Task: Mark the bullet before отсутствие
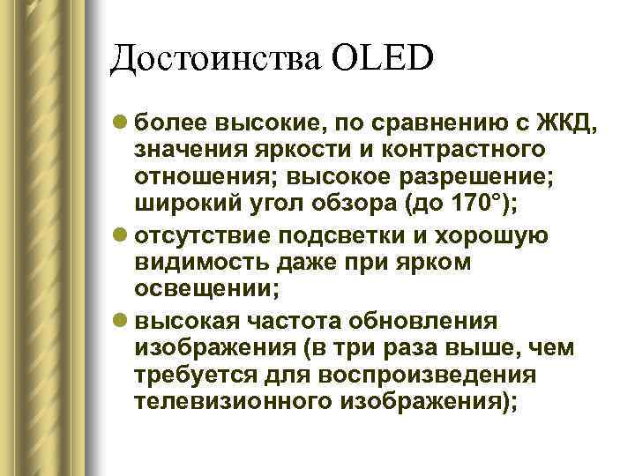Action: pyautogui.click(x=121, y=234)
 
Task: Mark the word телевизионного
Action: pyautogui.click(x=233, y=403)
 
